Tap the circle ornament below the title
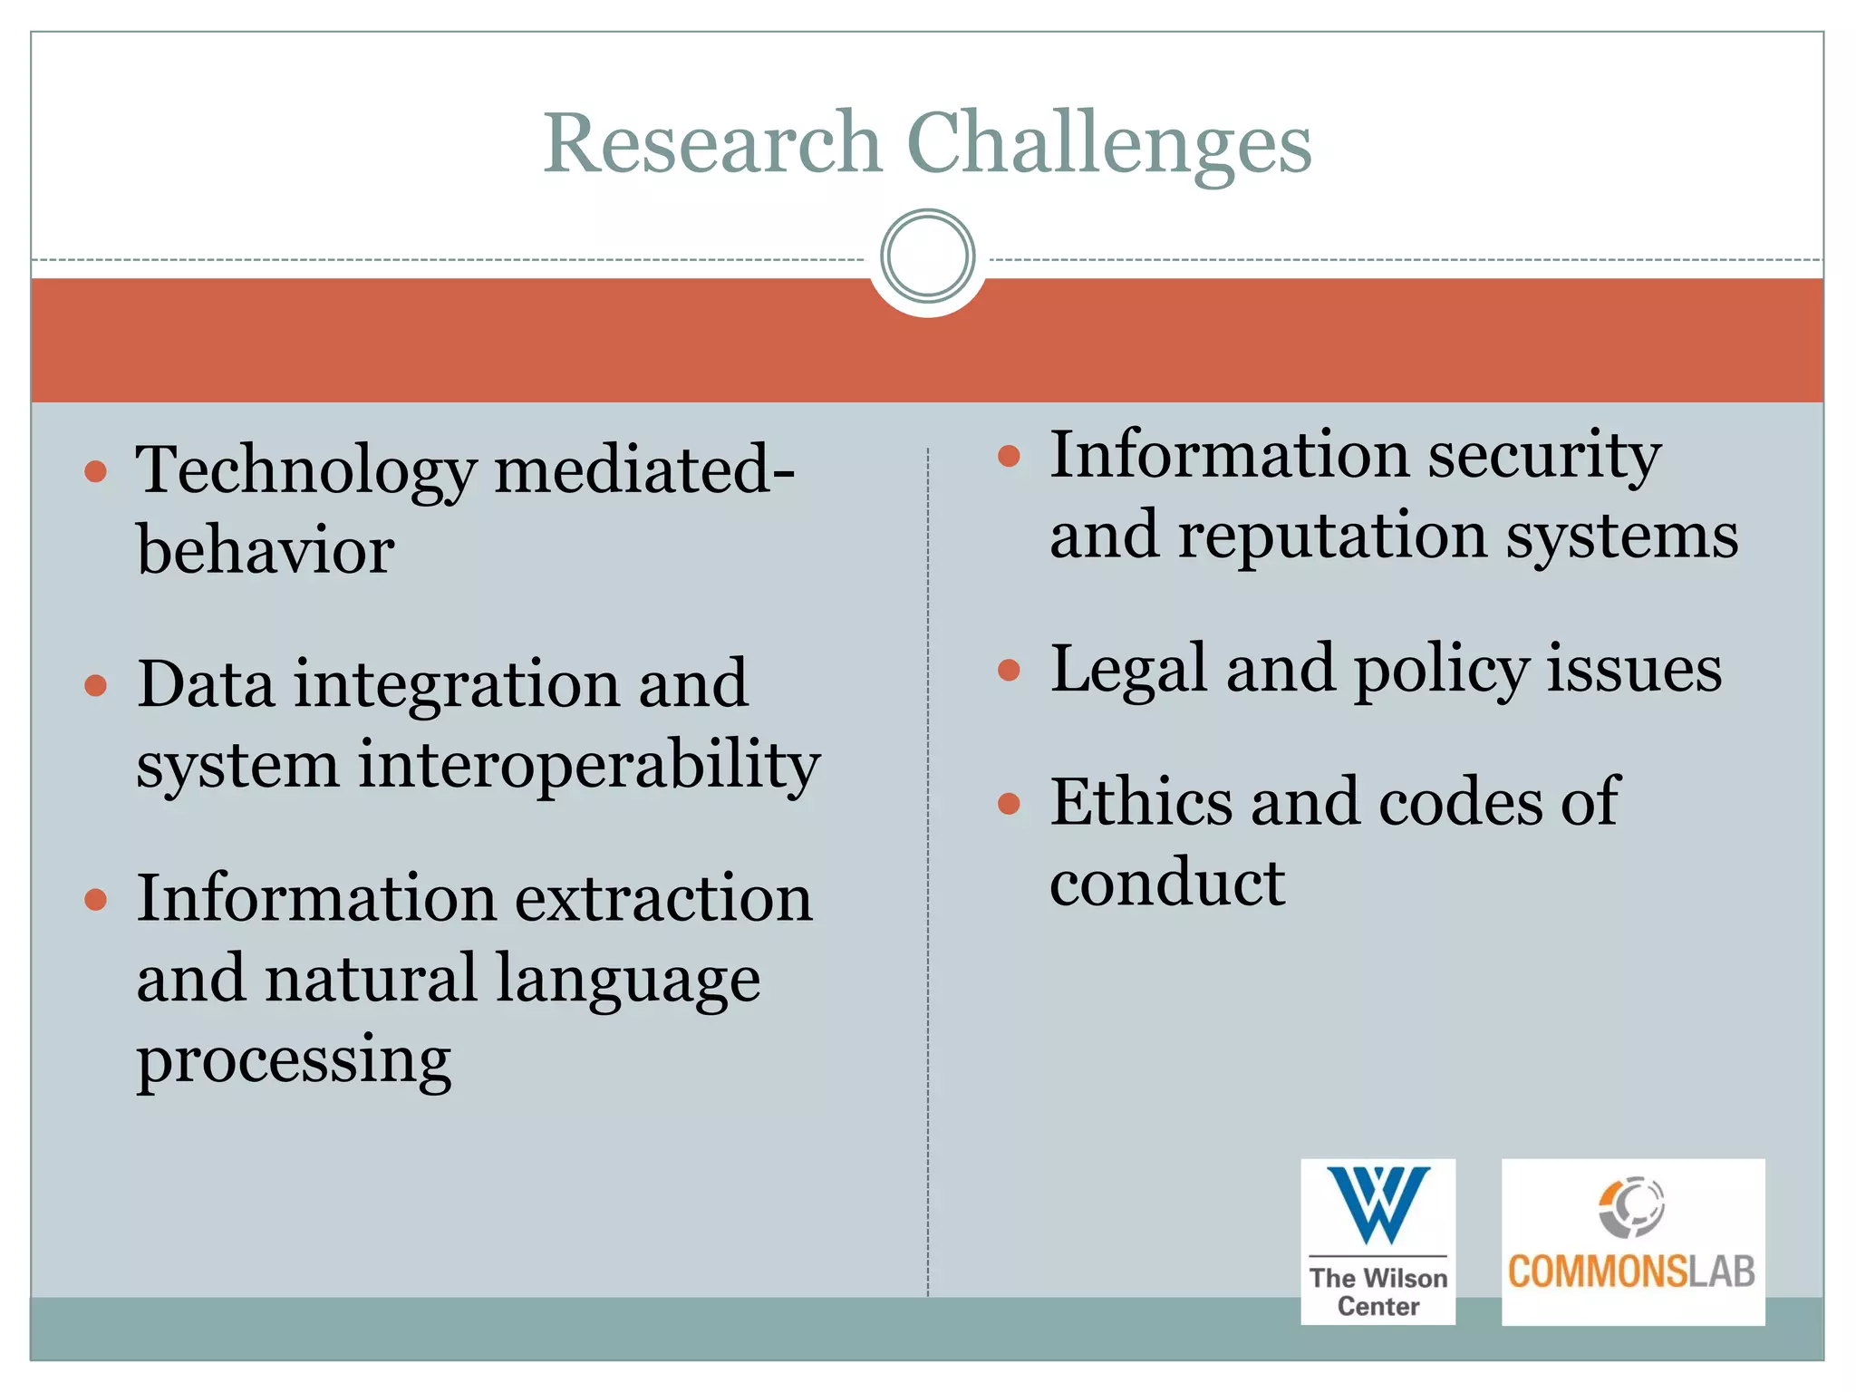click(927, 256)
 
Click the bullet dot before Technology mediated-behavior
click(96, 471)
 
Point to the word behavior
click(265, 550)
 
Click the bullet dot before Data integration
click(96, 685)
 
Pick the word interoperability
click(589, 764)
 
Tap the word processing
click(294, 1059)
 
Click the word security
click(1544, 456)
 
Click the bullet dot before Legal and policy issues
click(1009, 671)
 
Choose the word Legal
click(1128, 670)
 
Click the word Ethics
click(1141, 802)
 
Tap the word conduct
click(1167, 882)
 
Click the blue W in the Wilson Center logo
click(1378, 1203)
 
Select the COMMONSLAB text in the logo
click(1631, 1272)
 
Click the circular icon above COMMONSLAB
click(1631, 1206)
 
